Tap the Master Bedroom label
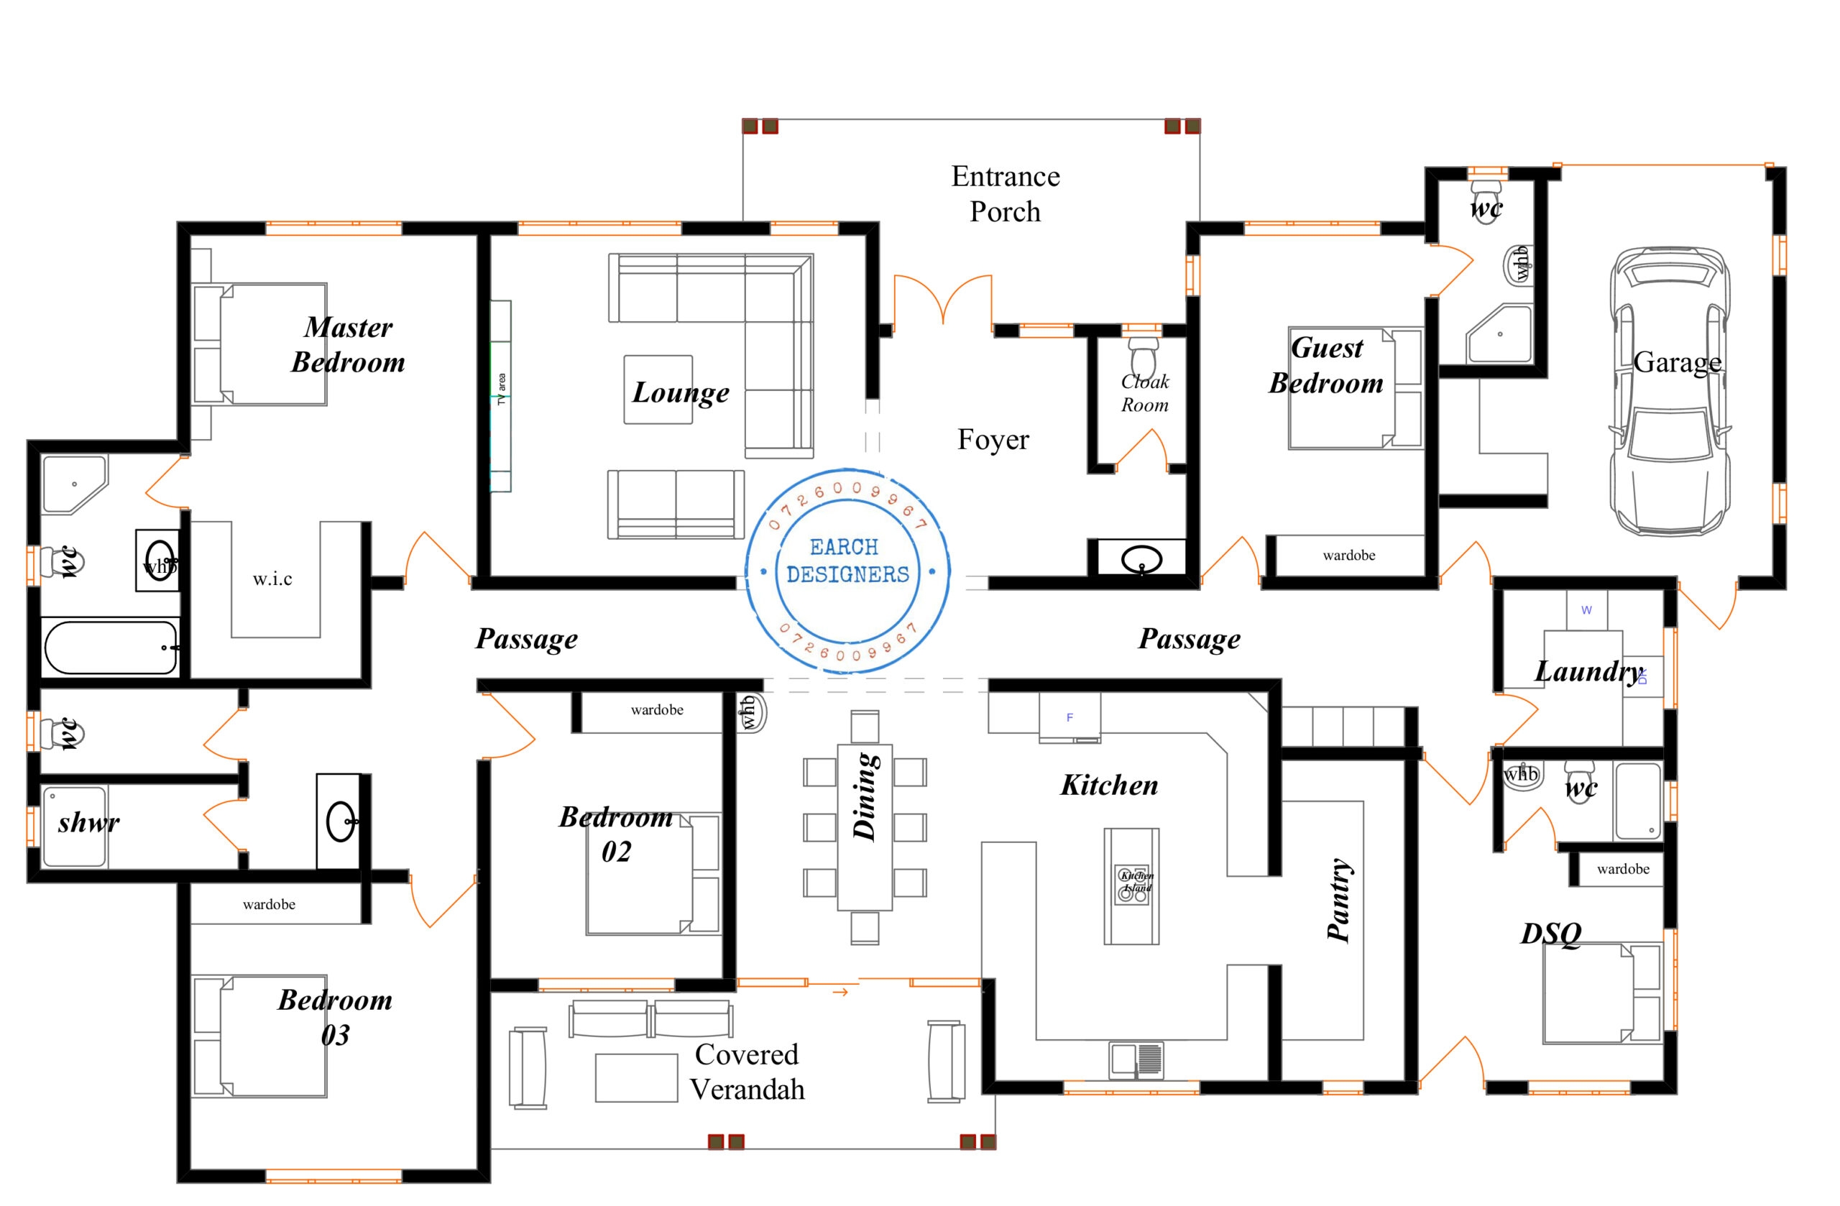[348, 345]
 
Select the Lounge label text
[681, 392]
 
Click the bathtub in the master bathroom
[111, 648]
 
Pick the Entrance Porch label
[1005, 193]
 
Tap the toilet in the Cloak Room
[1143, 357]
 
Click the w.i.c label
[272, 579]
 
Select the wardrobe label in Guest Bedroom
[1348, 555]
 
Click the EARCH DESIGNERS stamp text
[847, 561]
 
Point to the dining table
[865, 827]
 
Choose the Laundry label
[1589, 671]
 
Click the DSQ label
[1550, 934]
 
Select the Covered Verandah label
[747, 1072]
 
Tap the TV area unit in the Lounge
[500, 396]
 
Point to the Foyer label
[993, 439]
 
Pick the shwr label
[88, 822]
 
